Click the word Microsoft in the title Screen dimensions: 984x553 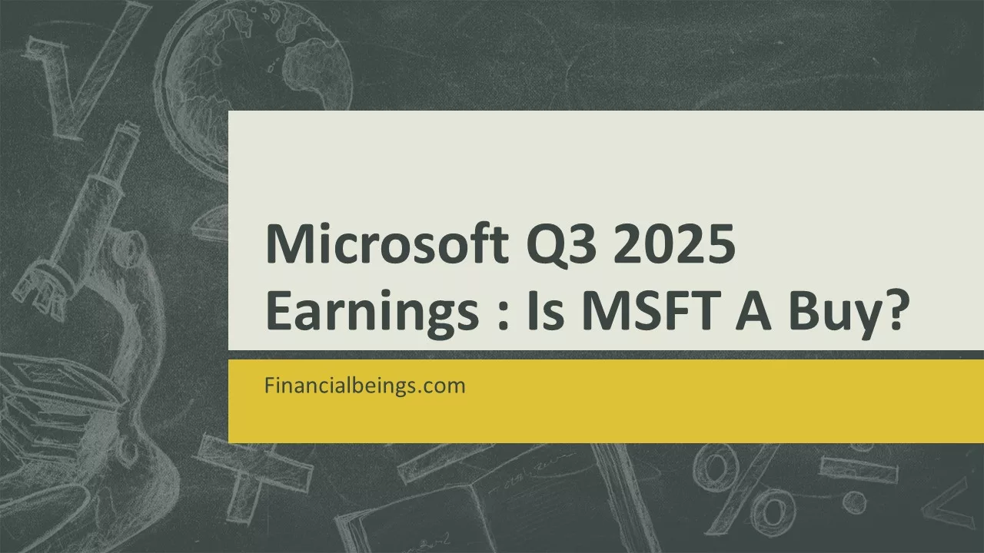(x=387, y=244)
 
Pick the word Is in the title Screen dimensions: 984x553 (x=546, y=309)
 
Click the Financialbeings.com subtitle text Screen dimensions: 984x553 (x=364, y=386)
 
